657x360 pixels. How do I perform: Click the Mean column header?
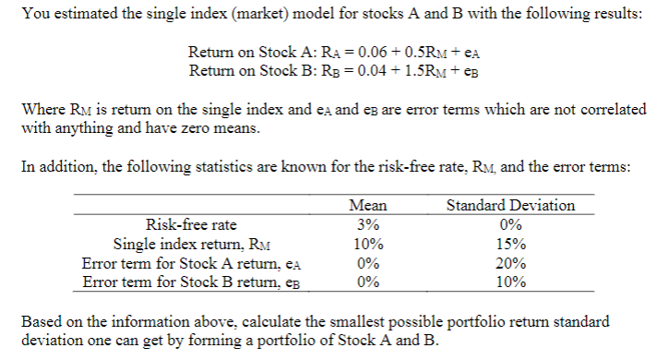click(x=368, y=205)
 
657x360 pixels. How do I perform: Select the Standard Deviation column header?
click(x=510, y=205)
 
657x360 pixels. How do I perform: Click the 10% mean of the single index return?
click(x=368, y=245)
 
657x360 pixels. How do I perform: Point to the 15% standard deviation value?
click(x=510, y=245)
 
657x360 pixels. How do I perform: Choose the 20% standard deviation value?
click(x=510, y=264)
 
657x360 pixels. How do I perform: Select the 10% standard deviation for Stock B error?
click(x=510, y=282)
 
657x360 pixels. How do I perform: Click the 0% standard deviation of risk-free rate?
click(x=510, y=224)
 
